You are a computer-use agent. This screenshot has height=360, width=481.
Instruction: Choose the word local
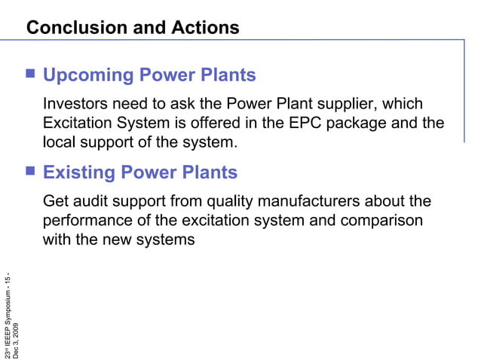point(60,141)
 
